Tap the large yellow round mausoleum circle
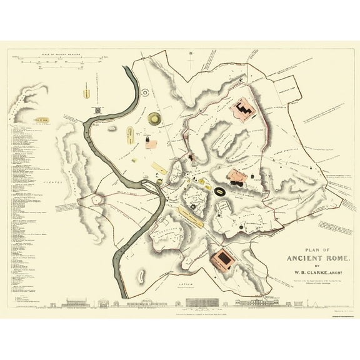tap(154, 118)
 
